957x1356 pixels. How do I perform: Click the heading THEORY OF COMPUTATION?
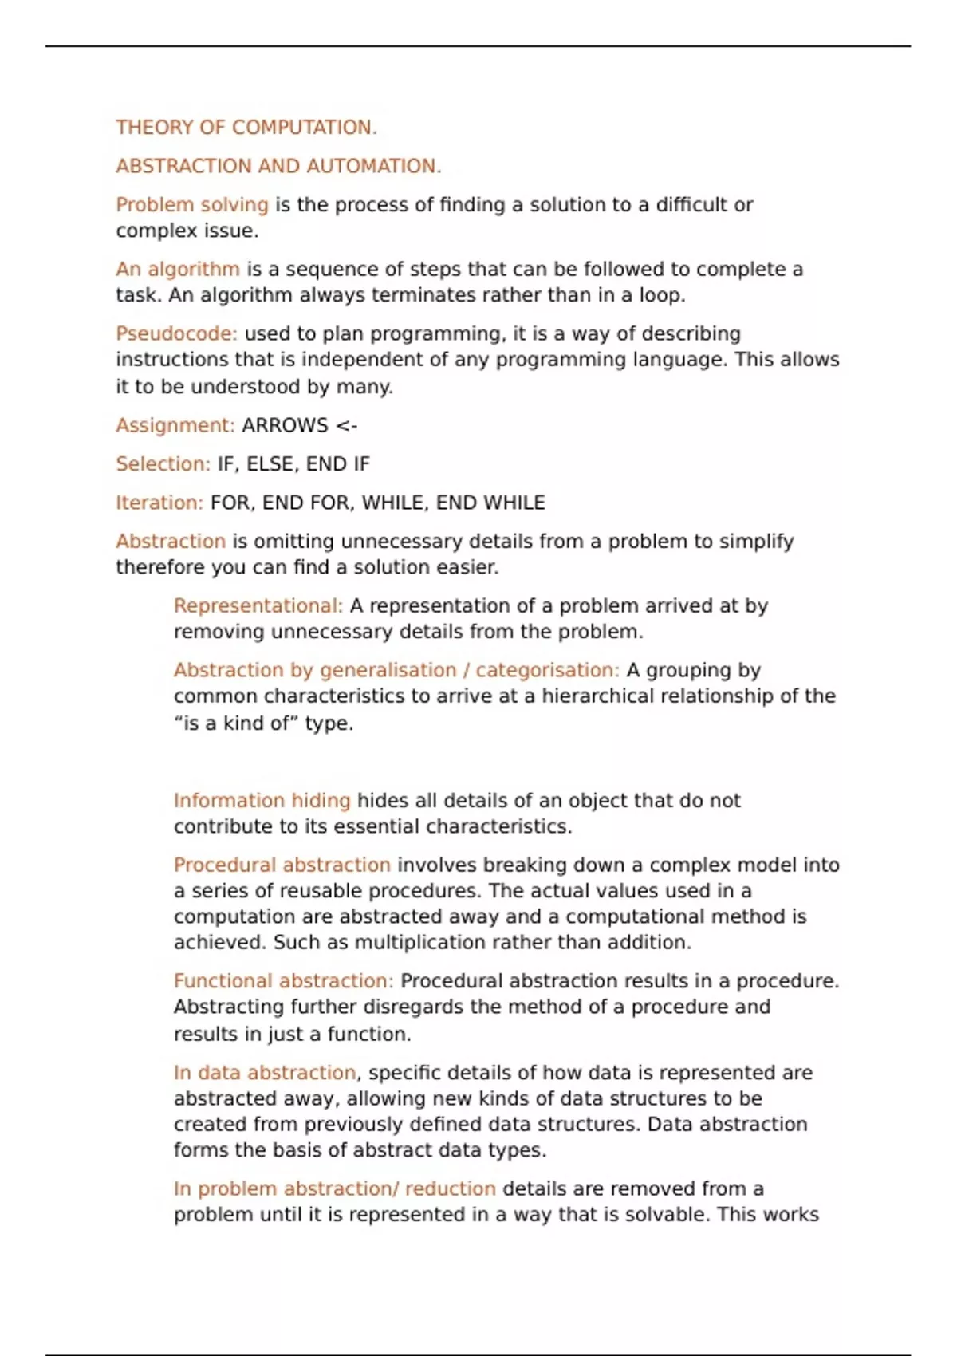pos(246,128)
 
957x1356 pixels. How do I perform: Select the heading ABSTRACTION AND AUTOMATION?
pos(278,166)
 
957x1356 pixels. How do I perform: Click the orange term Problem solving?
pos(192,205)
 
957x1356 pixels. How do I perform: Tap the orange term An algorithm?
pos(178,270)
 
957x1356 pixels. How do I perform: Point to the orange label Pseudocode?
pos(176,333)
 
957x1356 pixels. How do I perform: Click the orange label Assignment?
pos(175,425)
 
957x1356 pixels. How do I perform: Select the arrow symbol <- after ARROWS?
pos(347,425)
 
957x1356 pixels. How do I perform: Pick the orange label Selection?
pos(163,464)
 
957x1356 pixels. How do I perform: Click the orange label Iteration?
pos(159,503)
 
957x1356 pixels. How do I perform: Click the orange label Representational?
pos(258,605)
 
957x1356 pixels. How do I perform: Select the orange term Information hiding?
pos(262,800)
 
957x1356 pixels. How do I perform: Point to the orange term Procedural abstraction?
pos(282,865)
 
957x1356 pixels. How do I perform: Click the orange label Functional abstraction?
pos(283,980)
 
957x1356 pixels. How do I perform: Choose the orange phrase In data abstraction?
pos(265,1073)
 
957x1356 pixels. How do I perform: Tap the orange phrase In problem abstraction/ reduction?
pos(335,1188)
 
